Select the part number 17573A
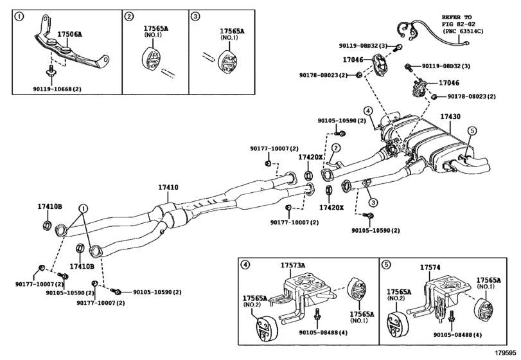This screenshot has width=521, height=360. pos(293,265)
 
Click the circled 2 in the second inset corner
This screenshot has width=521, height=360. pos(129,15)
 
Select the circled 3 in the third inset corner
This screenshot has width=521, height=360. pos(196,15)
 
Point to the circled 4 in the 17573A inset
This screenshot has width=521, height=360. pos(245,265)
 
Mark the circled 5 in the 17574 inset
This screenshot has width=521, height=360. pos(385,265)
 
